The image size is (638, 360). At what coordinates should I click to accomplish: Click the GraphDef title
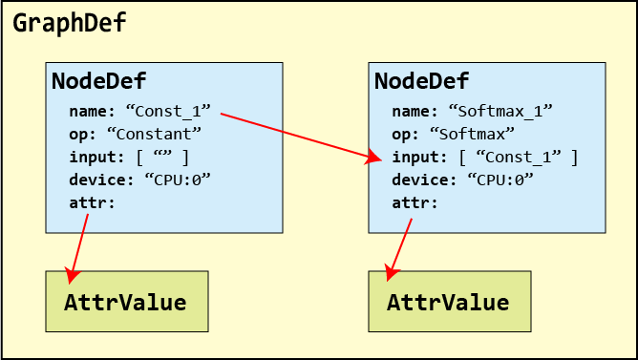point(70,23)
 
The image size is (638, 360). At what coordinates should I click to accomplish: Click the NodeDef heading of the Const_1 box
point(99,80)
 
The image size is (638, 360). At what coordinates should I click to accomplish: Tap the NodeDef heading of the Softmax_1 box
point(421,80)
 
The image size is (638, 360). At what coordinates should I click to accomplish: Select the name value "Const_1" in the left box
point(168,111)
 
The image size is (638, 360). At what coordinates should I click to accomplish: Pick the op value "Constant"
point(154,134)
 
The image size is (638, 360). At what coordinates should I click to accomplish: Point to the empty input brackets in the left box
point(162,157)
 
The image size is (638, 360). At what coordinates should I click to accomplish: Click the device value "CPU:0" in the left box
point(178,180)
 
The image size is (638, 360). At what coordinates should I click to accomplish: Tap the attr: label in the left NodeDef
point(93,202)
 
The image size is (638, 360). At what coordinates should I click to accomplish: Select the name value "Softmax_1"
point(500,111)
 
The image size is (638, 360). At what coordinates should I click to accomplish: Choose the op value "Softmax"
point(472,134)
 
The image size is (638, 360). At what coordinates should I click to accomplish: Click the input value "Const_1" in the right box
point(519,157)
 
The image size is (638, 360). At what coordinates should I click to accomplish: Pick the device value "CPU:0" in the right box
point(500,180)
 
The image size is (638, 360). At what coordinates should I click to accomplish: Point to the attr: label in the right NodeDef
point(415,202)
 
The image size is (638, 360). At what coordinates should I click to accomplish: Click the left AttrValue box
point(127,302)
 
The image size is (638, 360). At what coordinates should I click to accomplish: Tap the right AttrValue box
point(450,302)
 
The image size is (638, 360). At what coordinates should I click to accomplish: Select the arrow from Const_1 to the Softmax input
point(302,138)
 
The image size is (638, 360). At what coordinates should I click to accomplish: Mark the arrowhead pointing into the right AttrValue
point(392,273)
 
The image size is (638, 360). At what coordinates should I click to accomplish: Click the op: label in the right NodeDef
point(406,135)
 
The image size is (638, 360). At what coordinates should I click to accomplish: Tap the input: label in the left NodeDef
point(97,157)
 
